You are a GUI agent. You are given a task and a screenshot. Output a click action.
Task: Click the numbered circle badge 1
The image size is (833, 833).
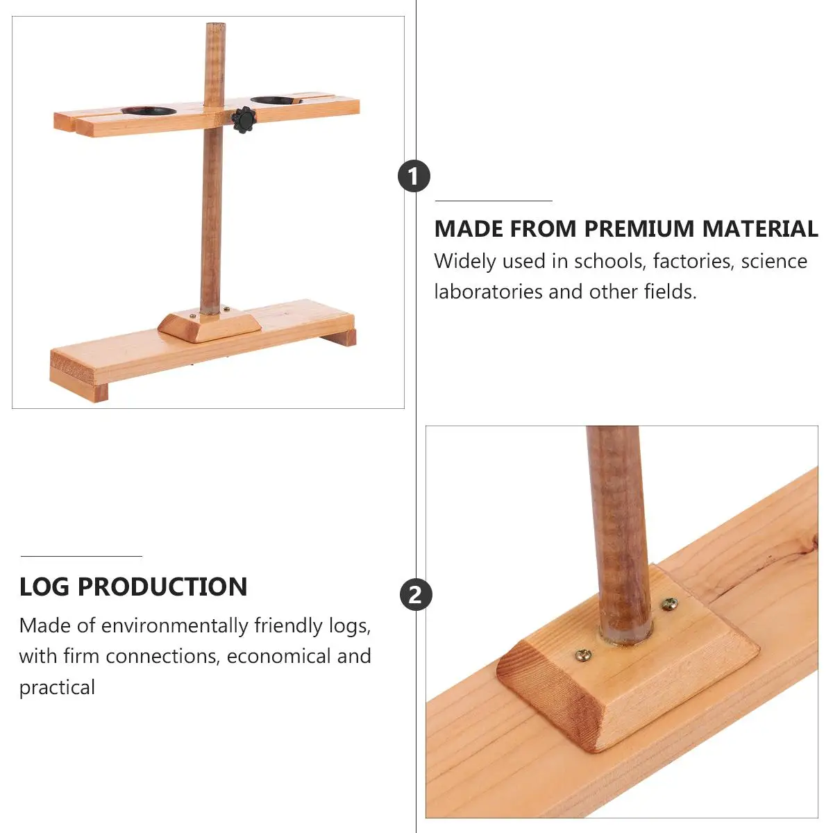414,176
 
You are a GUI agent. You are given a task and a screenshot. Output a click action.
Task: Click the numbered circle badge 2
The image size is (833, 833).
416,595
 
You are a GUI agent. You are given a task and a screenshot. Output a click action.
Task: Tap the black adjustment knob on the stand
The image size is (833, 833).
244,120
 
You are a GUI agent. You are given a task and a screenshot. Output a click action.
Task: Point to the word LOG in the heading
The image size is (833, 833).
44,587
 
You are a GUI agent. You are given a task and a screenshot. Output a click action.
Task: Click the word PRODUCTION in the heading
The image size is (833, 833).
162,587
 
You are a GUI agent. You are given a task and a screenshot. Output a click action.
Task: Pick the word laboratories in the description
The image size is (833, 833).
488,292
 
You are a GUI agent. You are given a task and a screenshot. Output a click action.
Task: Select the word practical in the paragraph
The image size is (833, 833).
57,687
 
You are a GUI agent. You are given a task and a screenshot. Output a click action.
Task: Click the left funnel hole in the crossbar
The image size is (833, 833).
149,110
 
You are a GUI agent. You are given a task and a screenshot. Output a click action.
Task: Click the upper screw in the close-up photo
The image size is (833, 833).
669,603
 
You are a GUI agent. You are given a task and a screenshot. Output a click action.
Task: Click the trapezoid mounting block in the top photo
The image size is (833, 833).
209,326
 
